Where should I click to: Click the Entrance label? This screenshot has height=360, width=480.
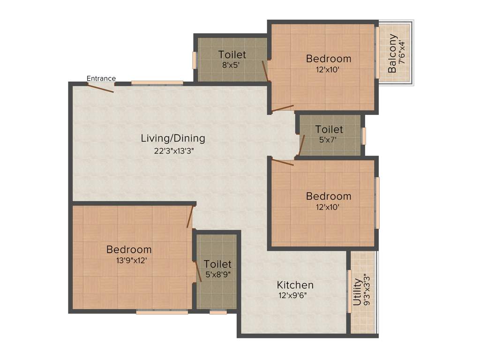pos(101,78)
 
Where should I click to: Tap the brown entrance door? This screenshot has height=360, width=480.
pos(101,88)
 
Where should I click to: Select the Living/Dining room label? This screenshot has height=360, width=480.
pos(173,138)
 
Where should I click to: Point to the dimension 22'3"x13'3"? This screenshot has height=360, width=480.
pos(173,151)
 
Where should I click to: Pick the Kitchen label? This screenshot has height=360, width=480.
pos(295,285)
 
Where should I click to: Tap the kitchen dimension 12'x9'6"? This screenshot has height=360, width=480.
pos(295,295)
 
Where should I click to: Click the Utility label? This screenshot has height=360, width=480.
pos(357,292)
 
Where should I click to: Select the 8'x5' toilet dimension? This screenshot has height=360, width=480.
pos(232,65)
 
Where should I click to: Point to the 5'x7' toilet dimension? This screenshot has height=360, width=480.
pos(329,139)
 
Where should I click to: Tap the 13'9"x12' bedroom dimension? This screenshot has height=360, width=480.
pos(128,260)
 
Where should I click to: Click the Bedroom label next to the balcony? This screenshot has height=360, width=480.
pos(329,59)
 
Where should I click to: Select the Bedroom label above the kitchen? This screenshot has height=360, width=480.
pos(329,196)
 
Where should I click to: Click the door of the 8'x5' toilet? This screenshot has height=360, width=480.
pos(266,71)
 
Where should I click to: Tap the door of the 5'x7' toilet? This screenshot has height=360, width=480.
pos(302,145)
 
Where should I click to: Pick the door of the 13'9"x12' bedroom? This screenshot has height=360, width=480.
pos(190,216)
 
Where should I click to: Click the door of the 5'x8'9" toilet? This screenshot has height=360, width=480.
pos(198,271)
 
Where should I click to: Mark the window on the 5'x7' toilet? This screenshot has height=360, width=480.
pos(363,136)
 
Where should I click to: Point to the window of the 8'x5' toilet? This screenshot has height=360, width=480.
pos(195,60)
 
